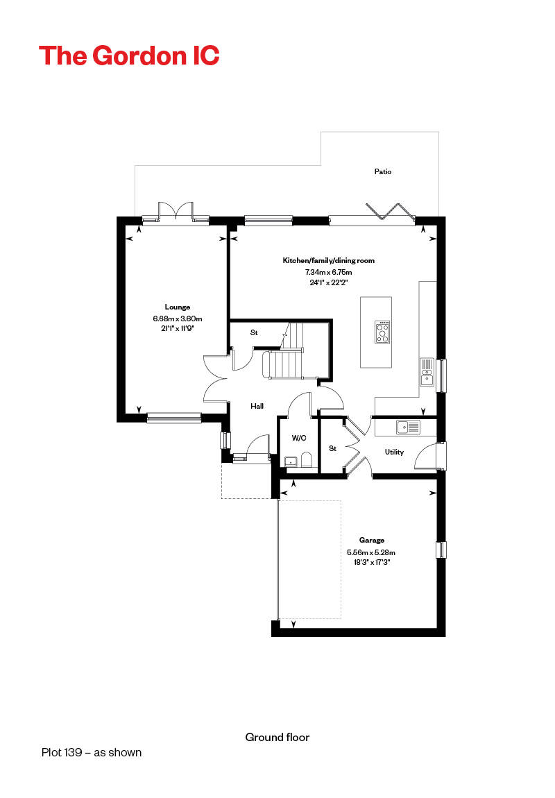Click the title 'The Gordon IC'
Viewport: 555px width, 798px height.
129,56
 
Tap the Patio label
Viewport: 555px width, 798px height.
383,171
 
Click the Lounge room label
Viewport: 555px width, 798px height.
178,307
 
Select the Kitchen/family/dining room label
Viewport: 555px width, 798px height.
329,260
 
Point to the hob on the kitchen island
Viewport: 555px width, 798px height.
382,332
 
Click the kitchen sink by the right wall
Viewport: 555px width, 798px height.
427,372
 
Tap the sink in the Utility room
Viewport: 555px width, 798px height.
409,427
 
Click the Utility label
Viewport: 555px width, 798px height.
394,452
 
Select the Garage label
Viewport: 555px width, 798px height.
372,540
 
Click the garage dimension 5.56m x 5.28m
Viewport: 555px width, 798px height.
371,552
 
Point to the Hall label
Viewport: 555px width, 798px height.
257,406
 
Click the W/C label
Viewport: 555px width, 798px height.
299,438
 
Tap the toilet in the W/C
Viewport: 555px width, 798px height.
306,461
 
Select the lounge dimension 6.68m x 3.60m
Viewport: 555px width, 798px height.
178,319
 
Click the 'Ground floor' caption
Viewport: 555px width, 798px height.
277,738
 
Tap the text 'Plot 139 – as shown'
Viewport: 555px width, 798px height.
92,753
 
